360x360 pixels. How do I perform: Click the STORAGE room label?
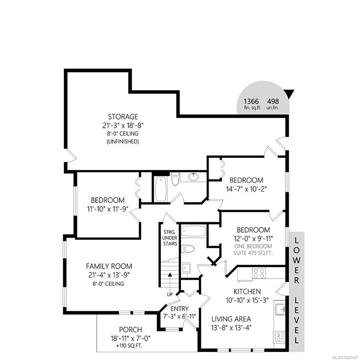pos(123,117)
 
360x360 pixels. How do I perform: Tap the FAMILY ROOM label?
pos(109,266)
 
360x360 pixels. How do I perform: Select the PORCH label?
pos(130,330)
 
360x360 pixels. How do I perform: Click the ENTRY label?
pos(180,308)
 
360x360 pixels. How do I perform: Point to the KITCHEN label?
pos(247,292)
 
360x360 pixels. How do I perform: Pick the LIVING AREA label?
pos(231,319)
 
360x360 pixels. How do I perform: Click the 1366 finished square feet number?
pos(251,101)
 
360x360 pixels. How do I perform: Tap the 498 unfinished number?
pos(273,101)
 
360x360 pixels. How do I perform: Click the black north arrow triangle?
pos(290,94)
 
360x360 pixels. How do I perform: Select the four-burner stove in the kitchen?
pos(259,273)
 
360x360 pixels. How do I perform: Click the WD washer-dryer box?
pos(279,337)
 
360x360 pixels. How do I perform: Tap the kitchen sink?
pos(280,309)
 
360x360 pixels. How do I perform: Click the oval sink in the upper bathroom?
pos(194,177)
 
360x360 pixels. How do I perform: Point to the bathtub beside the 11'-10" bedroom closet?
pos(161,189)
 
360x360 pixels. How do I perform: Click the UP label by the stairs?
pos(170,294)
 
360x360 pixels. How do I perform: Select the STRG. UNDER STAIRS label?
pos(170,238)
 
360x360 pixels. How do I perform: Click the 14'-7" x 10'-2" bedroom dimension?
pos(246,189)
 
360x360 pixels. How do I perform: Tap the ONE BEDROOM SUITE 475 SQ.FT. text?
pos(253,249)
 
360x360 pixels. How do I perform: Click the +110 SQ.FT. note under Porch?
pos(129,346)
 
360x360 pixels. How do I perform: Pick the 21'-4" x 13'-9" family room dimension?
pos(109,275)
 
